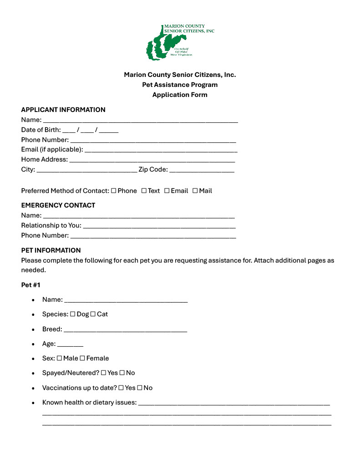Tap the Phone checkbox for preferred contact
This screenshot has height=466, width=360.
[113, 191]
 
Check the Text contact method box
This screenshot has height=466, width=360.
[144, 191]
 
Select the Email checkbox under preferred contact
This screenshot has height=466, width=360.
[167, 191]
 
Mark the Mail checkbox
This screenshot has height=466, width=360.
[195, 191]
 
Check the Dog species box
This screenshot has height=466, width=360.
[72, 314]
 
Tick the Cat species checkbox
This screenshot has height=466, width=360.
[93, 314]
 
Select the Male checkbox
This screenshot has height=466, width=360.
[59, 358]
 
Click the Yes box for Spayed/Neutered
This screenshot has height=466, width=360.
[103, 373]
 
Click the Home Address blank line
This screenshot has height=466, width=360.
[152, 160]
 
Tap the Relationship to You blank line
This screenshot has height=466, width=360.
[159, 226]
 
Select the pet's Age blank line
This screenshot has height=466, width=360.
[70, 344]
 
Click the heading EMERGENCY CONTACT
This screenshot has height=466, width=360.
[58, 205]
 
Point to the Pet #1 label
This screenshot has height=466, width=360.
[31, 285]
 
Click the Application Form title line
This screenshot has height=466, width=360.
[180, 95]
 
